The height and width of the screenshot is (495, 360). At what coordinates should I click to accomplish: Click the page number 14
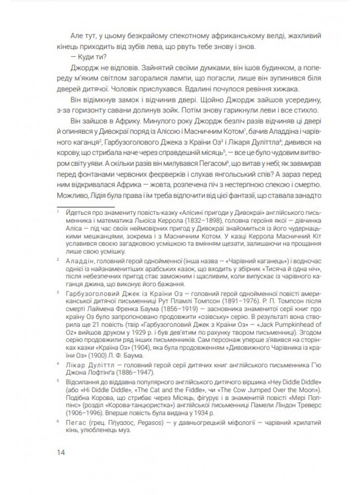(x=61, y=451)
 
